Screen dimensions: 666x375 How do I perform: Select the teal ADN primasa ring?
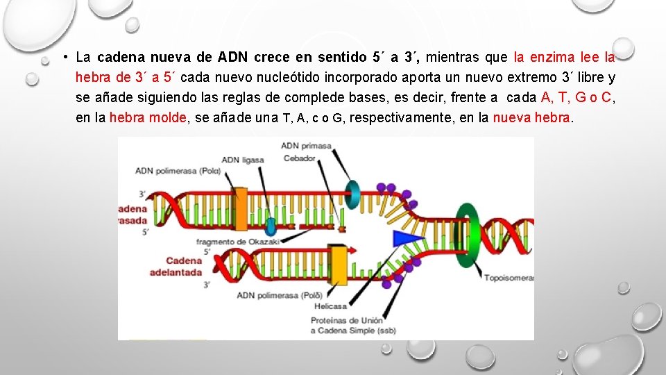pos(353,194)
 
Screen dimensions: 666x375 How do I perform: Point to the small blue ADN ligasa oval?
pos(270,226)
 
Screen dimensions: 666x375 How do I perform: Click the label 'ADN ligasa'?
pos(243,160)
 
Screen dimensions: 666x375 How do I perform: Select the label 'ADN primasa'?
pos(306,146)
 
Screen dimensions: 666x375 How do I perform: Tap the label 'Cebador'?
pos(299,158)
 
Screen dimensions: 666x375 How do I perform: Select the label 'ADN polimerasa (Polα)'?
pos(178,170)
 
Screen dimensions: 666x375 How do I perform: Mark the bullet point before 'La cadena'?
pos(63,56)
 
